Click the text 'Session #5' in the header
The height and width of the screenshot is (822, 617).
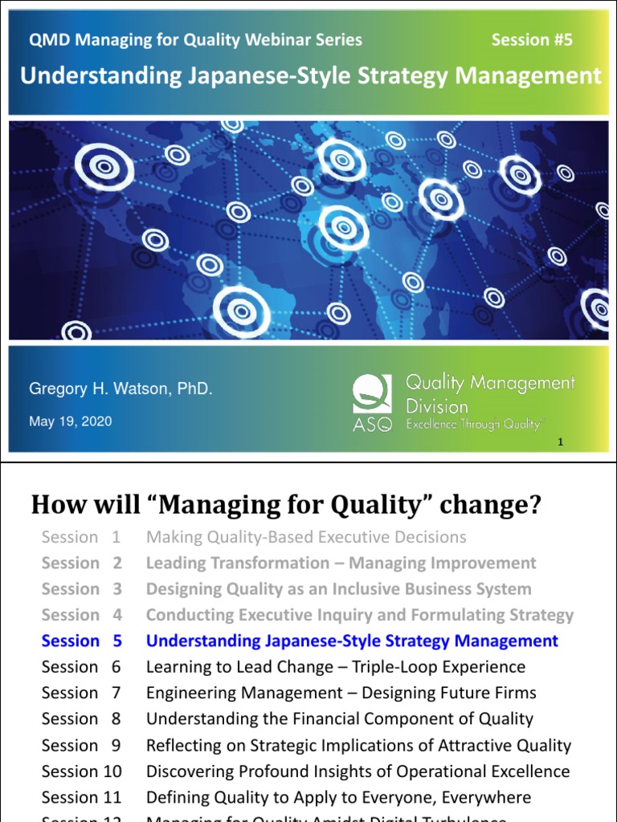click(x=532, y=39)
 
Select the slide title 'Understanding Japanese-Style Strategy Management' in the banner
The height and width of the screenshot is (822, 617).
click(x=310, y=76)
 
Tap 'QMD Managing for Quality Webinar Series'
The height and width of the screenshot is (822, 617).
click(x=195, y=39)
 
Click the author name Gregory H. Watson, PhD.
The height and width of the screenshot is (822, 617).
click(x=121, y=389)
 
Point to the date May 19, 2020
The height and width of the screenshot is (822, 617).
click(x=71, y=421)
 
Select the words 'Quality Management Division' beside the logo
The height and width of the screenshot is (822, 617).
click(x=490, y=393)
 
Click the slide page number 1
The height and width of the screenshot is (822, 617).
click(x=560, y=442)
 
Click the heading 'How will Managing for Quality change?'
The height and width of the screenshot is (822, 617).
click(x=286, y=506)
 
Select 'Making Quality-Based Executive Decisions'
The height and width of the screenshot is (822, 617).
click(x=306, y=537)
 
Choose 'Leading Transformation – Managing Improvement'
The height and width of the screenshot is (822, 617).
click(x=341, y=563)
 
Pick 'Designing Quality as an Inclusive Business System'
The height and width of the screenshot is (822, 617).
click(x=338, y=589)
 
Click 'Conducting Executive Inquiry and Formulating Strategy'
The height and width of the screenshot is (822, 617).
click(x=360, y=615)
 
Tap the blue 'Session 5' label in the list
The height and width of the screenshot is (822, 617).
click(x=82, y=641)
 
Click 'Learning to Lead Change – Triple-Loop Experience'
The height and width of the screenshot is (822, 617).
click(x=336, y=667)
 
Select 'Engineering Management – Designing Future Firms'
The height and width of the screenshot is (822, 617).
click(x=341, y=693)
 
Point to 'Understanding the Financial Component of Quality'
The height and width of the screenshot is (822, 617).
click(x=339, y=718)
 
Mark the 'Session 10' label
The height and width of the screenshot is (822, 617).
click(x=82, y=771)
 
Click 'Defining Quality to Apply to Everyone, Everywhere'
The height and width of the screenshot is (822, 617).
click(x=338, y=797)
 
